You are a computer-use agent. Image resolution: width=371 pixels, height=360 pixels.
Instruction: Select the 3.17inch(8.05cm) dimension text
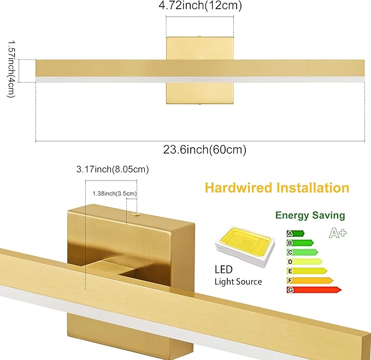click(x=113, y=170)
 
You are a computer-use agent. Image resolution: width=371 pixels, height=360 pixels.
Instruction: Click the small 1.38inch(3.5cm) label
click(x=114, y=193)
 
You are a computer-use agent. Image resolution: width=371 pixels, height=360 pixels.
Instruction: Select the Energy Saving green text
click(x=310, y=216)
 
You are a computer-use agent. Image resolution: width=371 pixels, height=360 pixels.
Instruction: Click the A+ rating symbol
click(x=338, y=233)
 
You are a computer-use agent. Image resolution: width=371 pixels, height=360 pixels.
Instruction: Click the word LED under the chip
click(x=223, y=270)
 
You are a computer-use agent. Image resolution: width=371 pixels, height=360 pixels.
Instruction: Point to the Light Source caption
click(x=238, y=282)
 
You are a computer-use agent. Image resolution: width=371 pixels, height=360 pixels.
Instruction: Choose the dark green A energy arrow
click(x=295, y=234)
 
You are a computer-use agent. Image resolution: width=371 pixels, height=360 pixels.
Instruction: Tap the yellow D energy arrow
click(x=304, y=262)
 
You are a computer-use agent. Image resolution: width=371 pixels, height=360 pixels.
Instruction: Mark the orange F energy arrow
click(x=309, y=280)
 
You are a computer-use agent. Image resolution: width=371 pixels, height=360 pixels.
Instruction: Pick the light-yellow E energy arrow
click(x=306, y=271)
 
